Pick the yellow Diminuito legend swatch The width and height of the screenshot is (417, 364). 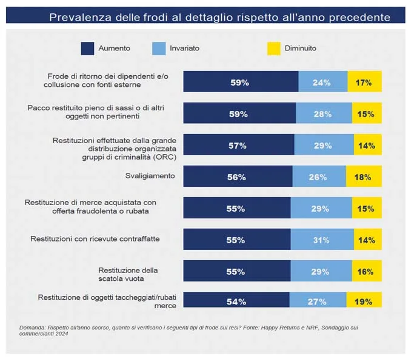point(273,47)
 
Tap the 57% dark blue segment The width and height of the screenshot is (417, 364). point(239,146)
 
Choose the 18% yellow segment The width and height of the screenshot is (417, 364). point(364,177)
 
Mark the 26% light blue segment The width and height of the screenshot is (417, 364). point(319,177)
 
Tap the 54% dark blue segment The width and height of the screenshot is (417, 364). point(236,302)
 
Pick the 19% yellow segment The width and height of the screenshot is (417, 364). point(364,302)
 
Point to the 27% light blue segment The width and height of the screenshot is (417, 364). point(318,302)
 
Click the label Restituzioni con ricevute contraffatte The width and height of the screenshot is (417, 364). point(95,239)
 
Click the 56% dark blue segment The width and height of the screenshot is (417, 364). point(238,177)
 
